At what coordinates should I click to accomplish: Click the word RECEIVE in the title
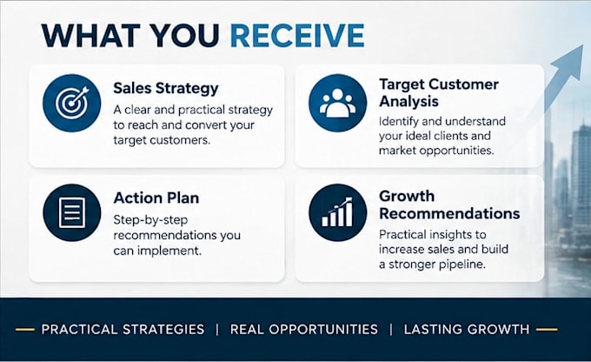pos(297,35)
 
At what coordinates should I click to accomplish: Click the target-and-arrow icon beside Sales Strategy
pos(71,103)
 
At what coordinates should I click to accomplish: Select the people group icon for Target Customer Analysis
pos(337,103)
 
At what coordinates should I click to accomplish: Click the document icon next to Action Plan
pos(71,212)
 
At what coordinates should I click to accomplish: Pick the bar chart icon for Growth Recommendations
pos(337,212)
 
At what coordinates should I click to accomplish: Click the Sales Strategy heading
pos(166,89)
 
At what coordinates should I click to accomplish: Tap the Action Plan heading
pos(156,198)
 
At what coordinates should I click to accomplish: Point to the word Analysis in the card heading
pos(409,102)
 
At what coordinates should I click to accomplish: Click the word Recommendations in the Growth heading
pos(449,214)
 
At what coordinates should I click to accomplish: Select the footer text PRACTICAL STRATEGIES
pos(123,329)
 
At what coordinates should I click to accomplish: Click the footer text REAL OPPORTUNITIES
pos(304,329)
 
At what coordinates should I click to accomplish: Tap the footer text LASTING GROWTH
pos(467,329)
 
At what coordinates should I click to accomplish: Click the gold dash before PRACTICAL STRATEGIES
pos(25,330)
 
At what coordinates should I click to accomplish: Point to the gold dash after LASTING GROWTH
pos(547,330)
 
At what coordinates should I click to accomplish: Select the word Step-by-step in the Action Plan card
pos(150,220)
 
